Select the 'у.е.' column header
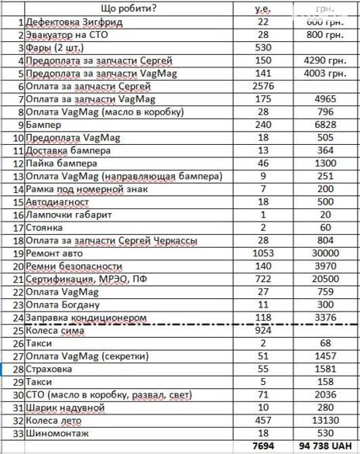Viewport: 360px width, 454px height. pos(261,8)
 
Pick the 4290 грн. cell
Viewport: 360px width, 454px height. pos(325,60)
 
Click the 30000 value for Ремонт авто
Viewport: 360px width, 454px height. pos(325,253)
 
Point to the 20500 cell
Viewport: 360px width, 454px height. pos(325,277)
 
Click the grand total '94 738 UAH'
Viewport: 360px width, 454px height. pos(325,445)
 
